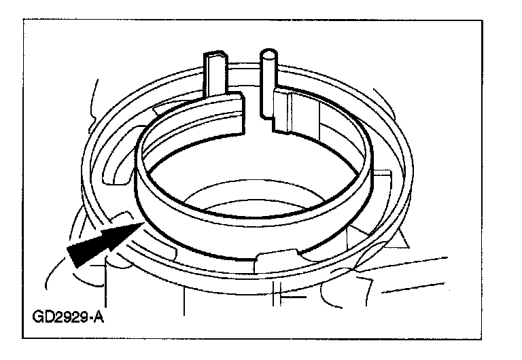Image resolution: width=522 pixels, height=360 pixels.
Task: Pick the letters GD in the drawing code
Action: click(x=42, y=317)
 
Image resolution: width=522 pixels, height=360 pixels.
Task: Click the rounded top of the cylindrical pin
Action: click(x=268, y=52)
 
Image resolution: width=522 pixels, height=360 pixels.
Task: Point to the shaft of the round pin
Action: click(x=267, y=75)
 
